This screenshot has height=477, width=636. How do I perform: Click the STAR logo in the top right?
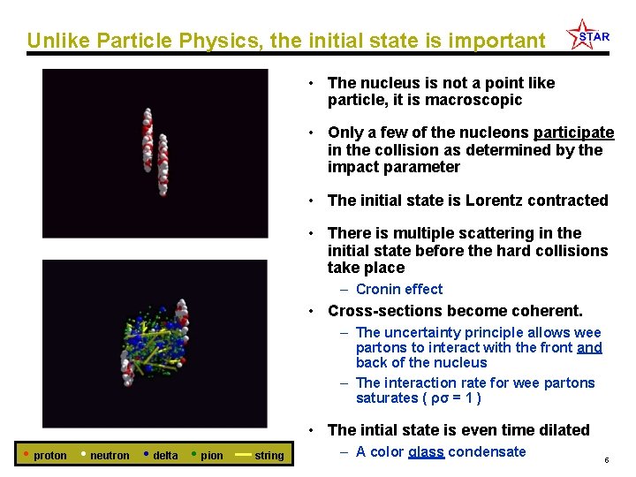coord(587,35)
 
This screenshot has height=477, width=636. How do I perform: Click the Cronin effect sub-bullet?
coord(399,289)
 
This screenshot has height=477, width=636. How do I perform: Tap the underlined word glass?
coord(426,451)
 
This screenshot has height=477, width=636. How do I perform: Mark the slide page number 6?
coord(607,460)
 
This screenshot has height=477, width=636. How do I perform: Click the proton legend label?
coord(49,456)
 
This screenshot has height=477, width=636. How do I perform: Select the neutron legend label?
coord(110,456)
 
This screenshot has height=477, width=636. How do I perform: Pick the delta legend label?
coord(165,456)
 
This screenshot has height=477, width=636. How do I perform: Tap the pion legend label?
coord(212,456)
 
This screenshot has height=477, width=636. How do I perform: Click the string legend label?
coord(269,456)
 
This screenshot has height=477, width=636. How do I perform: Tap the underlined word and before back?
coord(589,348)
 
